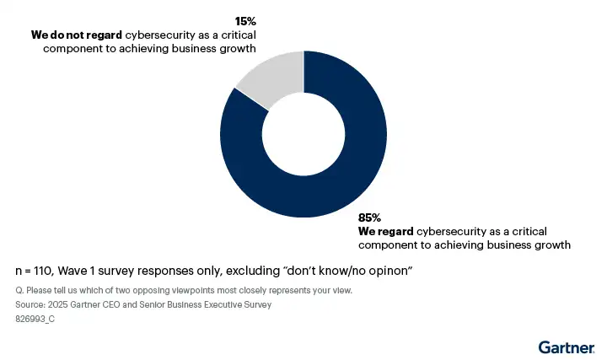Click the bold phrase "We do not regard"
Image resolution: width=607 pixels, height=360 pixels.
77,35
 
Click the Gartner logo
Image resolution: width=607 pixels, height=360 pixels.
567,347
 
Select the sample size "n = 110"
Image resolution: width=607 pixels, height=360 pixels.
35,271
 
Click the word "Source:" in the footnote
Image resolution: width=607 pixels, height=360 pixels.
30,305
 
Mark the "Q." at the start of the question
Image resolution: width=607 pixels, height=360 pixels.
20,290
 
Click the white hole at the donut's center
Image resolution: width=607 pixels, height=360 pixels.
303,135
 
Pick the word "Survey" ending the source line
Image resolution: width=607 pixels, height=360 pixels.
256,305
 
